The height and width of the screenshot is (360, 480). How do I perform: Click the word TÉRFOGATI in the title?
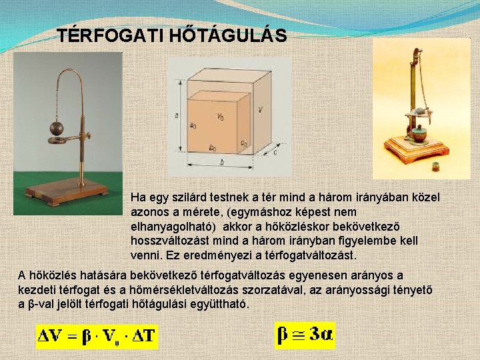(98, 35)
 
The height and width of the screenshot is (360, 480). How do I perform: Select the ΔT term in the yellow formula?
(142, 337)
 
